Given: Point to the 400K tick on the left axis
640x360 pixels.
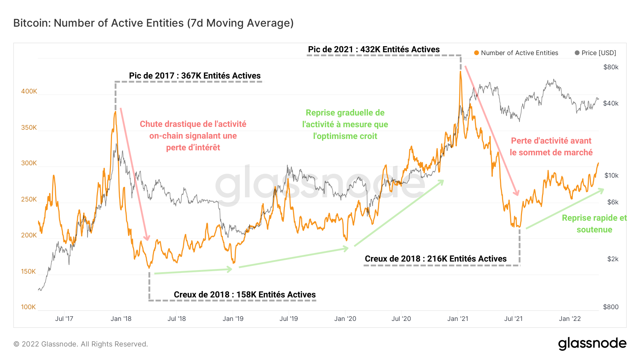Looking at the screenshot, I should pyautogui.click(x=29, y=91).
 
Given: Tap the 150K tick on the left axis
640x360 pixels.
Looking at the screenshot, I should pyautogui.click(x=28, y=272).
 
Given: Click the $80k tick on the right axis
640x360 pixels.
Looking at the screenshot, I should pyautogui.click(x=611, y=67).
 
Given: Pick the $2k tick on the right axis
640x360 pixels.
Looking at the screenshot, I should pyautogui.click(x=613, y=259).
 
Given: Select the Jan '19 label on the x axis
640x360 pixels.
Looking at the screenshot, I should pyautogui.click(x=233, y=319).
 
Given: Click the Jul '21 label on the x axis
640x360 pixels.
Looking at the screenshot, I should pyautogui.click(x=513, y=319).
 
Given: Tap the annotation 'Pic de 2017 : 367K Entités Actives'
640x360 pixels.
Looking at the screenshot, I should pyautogui.click(x=194, y=76).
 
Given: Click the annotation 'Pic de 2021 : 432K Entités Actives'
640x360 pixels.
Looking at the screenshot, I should pyautogui.click(x=374, y=49).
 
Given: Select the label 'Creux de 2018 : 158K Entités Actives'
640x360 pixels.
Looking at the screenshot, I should pyautogui.click(x=245, y=295).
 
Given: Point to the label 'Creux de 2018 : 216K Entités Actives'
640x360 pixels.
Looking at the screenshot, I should pyautogui.click(x=436, y=259).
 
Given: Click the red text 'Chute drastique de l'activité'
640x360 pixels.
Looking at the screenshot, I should pyautogui.click(x=193, y=124).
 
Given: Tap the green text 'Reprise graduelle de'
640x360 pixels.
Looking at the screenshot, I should pyautogui.click(x=345, y=113).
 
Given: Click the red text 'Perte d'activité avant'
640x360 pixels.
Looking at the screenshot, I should pyautogui.click(x=551, y=141).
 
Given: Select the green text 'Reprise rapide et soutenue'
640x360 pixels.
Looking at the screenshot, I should pyautogui.click(x=594, y=224).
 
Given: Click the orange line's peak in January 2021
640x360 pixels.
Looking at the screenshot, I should pyautogui.click(x=460, y=71).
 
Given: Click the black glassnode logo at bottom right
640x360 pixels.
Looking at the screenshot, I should pyautogui.click(x=592, y=344).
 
